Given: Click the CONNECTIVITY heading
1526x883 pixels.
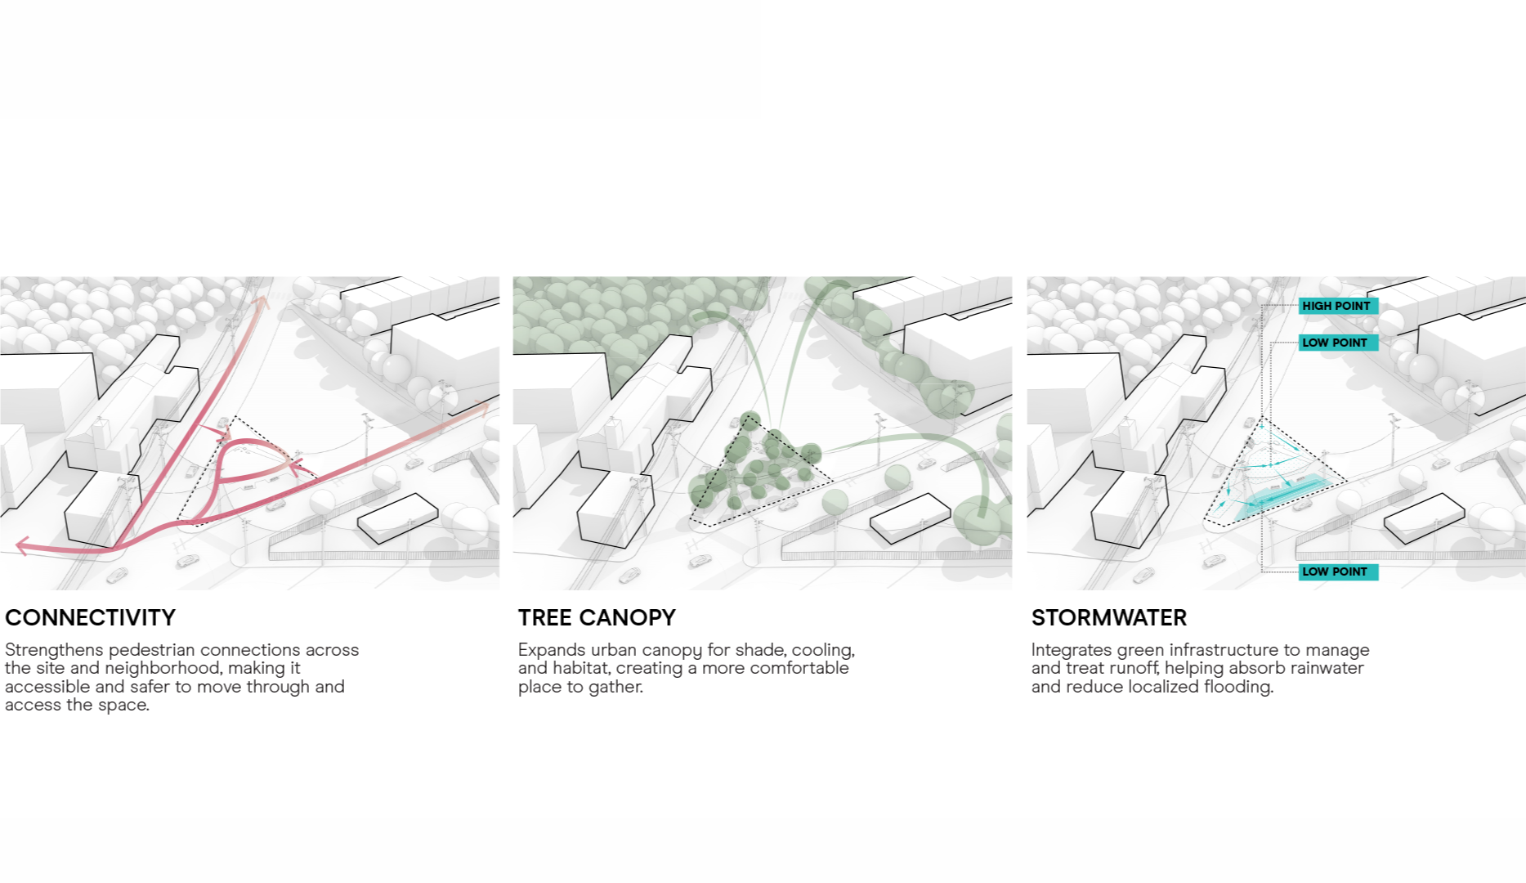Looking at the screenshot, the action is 90,617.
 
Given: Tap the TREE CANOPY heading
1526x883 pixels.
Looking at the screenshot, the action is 597,617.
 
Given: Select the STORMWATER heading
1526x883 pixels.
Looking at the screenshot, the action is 1108,617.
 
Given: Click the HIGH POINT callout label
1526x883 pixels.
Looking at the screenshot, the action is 1336,306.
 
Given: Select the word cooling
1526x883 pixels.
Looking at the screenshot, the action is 823,651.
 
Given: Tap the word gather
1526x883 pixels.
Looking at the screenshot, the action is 616,687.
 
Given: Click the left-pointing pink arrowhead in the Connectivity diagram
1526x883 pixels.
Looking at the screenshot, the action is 23,545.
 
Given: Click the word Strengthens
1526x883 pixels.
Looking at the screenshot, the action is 54,650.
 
